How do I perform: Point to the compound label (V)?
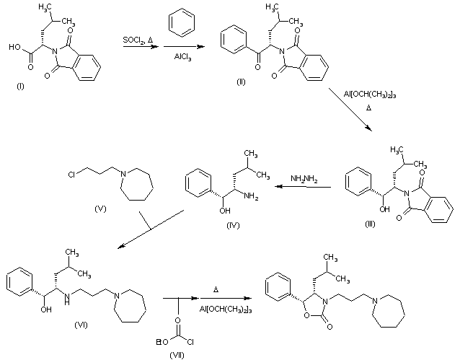tap(101, 208)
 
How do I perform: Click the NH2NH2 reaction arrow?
tap(304, 187)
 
